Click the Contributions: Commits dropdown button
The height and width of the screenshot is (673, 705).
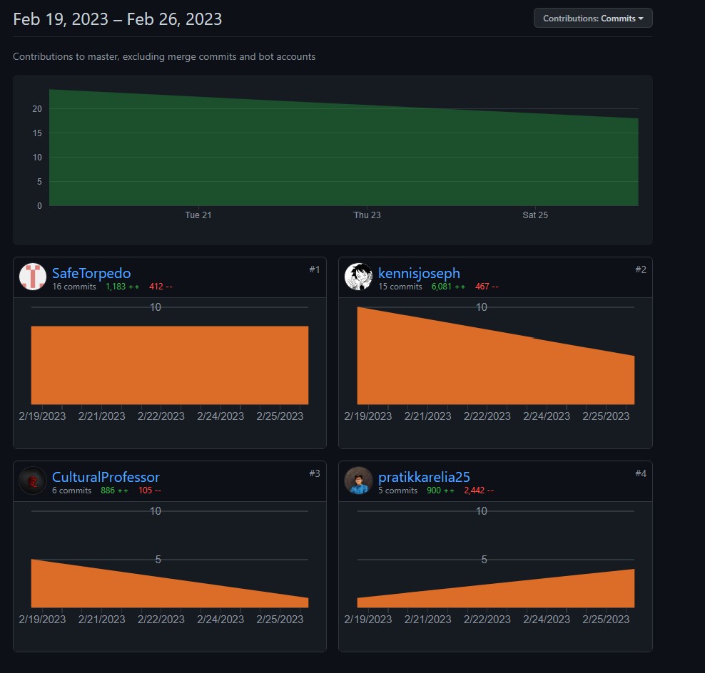tap(593, 19)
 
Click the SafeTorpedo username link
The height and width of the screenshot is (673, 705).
tap(91, 273)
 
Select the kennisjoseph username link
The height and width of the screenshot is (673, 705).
tap(419, 273)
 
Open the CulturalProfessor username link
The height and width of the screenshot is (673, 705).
tap(106, 477)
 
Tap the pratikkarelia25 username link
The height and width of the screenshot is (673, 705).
tap(424, 477)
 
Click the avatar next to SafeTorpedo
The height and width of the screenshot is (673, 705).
tap(33, 277)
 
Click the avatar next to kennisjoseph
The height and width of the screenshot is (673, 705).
tap(358, 277)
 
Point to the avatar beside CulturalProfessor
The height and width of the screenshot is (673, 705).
tap(33, 481)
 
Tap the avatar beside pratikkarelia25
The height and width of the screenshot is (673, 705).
tap(358, 481)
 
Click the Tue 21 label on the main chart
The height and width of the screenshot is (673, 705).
tap(198, 215)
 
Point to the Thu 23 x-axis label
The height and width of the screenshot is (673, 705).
tap(367, 215)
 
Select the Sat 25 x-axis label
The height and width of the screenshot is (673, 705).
tap(535, 215)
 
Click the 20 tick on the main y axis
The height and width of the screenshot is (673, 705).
tap(36, 109)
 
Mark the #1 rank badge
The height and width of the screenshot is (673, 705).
tap(315, 269)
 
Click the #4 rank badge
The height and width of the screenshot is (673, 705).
tap(640, 473)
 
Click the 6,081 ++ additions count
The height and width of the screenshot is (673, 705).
tap(448, 287)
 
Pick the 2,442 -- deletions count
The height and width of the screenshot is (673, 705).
tap(479, 490)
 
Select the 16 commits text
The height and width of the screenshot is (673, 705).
tap(73, 287)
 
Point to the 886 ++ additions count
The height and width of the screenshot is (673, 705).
tap(114, 490)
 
